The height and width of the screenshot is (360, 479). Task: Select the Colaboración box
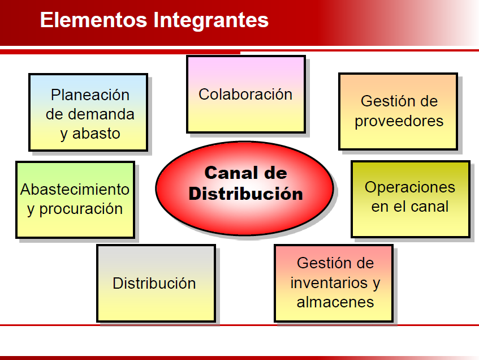245,94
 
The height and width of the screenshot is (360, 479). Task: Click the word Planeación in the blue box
90,95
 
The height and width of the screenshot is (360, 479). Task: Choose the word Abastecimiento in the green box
75,189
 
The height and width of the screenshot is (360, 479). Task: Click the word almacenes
335,302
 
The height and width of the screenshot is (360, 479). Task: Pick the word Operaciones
409,187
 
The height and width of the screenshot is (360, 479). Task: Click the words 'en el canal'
409,207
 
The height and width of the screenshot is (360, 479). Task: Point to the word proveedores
399,121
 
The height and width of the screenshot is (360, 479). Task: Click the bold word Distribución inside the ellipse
245,194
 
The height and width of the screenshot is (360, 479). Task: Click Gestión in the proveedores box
399,101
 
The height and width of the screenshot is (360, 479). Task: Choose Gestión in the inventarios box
335,263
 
